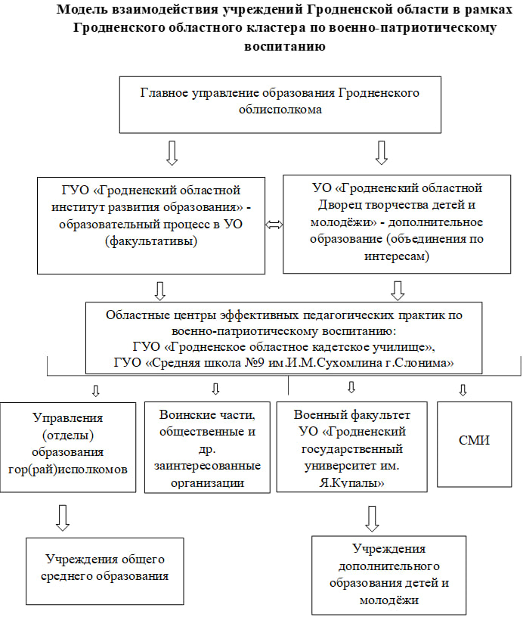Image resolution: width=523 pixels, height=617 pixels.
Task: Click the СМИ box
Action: tap(474, 445)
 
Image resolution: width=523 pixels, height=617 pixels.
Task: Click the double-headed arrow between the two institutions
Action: tap(274, 225)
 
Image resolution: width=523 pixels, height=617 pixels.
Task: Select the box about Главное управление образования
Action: tap(280, 104)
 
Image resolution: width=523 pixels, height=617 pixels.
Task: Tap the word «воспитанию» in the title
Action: tap(285, 46)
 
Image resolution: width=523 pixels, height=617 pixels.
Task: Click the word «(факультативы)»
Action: tap(151, 240)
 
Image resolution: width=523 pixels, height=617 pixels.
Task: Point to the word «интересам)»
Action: tap(397, 256)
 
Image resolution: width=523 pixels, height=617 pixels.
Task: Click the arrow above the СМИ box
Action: tap(463, 390)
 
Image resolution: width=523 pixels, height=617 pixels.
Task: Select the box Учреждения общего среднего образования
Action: tap(105, 571)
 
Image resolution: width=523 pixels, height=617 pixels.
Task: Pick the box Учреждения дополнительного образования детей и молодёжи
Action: tap(389, 575)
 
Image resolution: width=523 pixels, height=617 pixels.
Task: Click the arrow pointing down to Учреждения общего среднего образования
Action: tap(63, 517)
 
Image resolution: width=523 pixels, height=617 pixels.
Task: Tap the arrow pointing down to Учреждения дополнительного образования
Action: tap(372, 519)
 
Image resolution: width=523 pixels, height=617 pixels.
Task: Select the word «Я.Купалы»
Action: tap(352, 483)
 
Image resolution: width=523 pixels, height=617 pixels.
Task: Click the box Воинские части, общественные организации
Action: tap(207, 447)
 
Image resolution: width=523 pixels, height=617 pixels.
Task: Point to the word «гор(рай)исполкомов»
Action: tap(68, 470)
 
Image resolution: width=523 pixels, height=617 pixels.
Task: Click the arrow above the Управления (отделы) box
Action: tap(95, 390)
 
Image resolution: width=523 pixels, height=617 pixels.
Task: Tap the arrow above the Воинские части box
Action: tap(215, 389)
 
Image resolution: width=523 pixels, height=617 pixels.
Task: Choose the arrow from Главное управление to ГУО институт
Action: tap(172, 153)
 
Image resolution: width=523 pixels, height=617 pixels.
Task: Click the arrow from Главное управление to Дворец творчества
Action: tap(382, 152)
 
